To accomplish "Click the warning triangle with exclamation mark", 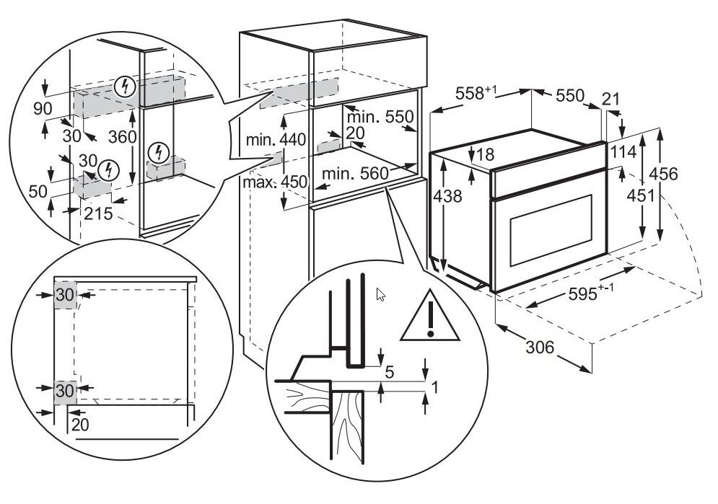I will tap(430, 317).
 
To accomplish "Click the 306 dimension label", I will tap(539, 348).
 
